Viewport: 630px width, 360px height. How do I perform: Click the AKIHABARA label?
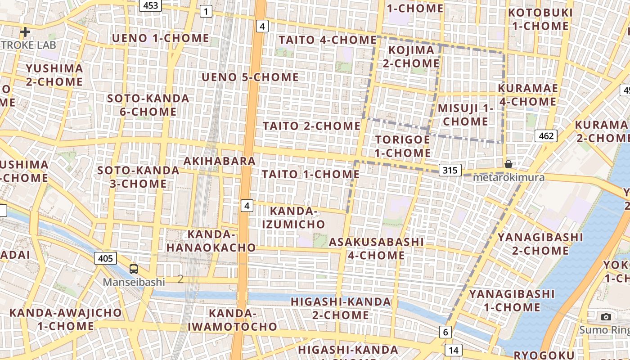click(x=220, y=161)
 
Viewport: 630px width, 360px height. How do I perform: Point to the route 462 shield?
click(x=546, y=135)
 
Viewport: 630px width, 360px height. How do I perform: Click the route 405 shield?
click(x=105, y=258)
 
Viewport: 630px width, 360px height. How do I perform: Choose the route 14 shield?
click(x=453, y=350)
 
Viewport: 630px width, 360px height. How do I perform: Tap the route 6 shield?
click(x=445, y=332)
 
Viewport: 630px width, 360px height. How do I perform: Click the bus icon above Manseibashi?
click(x=134, y=269)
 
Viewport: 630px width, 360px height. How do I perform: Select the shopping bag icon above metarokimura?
click(x=508, y=164)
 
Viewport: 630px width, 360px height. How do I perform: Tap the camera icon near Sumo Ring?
click(x=606, y=317)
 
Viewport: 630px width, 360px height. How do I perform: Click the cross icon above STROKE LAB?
click(x=25, y=32)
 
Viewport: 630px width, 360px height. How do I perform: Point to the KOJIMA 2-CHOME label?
click(x=411, y=56)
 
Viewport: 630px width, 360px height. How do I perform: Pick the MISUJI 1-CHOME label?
click(x=465, y=115)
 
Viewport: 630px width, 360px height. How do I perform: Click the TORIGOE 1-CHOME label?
click(x=403, y=146)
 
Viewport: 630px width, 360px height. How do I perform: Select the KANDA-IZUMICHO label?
click(x=297, y=217)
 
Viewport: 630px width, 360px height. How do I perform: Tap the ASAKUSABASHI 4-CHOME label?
click(x=376, y=248)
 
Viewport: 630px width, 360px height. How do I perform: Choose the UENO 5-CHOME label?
click(x=250, y=77)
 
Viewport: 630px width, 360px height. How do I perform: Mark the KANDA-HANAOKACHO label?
click(x=211, y=241)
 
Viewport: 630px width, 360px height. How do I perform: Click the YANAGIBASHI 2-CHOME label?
click(x=540, y=243)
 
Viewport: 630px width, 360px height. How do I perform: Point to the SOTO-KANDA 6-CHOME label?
click(x=148, y=105)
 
